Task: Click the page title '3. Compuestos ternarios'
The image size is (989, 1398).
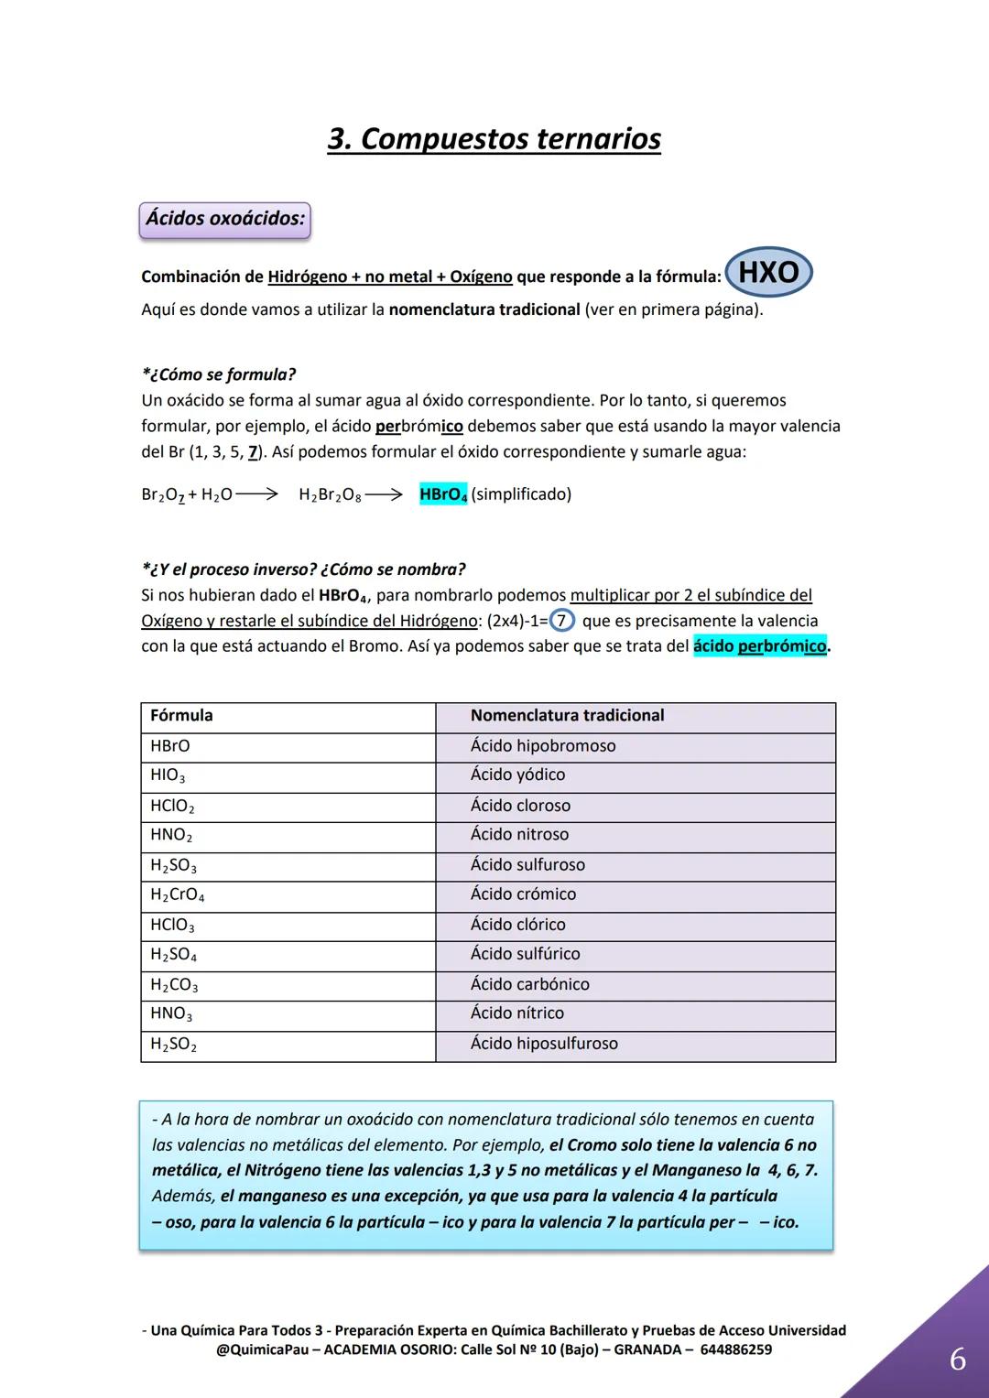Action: click(x=494, y=139)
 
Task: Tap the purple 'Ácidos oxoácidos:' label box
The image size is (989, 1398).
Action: click(x=224, y=220)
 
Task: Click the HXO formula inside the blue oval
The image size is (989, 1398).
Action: click(x=768, y=272)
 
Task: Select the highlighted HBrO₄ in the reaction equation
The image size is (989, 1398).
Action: click(x=443, y=494)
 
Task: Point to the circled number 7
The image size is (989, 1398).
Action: click(x=561, y=621)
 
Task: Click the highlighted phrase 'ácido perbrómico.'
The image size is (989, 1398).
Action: click(x=761, y=646)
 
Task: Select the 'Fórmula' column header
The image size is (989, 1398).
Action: click(x=181, y=716)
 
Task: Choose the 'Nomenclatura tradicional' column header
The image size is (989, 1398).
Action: click(x=567, y=716)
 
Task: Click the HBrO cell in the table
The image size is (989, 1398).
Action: click(x=170, y=746)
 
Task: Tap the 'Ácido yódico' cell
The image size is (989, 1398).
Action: click(x=517, y=775)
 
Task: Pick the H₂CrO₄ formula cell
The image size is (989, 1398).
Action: click(x=178, y=895)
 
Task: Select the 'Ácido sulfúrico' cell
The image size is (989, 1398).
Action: click(x=525, y=954)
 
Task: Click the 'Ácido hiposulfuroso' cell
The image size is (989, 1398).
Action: click(x=544, y=1044)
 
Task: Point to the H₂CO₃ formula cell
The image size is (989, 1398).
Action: click(x=174, y=985)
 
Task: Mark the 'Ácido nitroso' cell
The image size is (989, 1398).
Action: click(x=519, y=835)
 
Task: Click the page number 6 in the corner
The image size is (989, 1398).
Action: click(x=957, y=1360)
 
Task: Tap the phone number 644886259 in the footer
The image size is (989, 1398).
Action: click(x=735, y=1349)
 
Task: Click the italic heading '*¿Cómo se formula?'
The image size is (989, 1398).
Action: click(x=219, y=374)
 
